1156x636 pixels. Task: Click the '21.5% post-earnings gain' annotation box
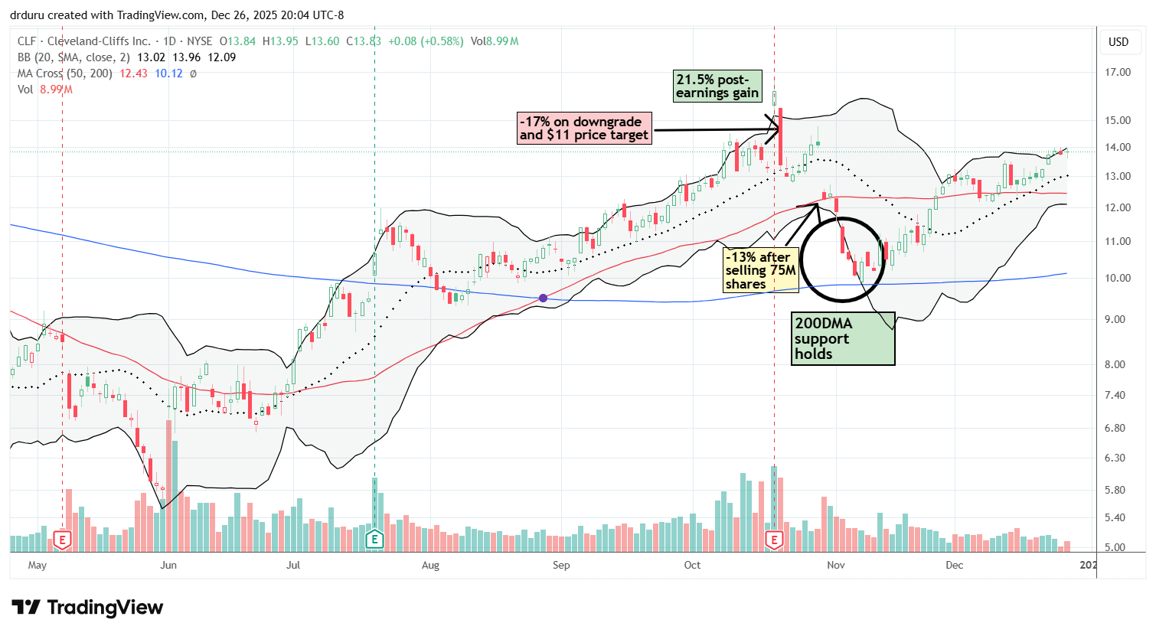717,86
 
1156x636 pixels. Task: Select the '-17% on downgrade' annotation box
585,129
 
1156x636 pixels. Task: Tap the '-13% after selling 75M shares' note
761,270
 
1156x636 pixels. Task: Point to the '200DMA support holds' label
843,338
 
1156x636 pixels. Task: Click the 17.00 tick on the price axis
1118,73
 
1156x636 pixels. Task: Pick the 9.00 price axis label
1118,320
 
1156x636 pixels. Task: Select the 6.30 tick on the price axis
1118,458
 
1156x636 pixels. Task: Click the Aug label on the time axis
430,566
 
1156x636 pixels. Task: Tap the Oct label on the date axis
692,566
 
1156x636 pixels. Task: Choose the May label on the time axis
37,566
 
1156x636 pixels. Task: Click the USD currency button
1118,42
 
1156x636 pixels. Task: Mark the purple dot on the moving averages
543,298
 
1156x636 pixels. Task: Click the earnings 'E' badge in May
62,540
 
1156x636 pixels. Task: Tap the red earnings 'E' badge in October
774,540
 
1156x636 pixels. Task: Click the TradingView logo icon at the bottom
26,608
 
